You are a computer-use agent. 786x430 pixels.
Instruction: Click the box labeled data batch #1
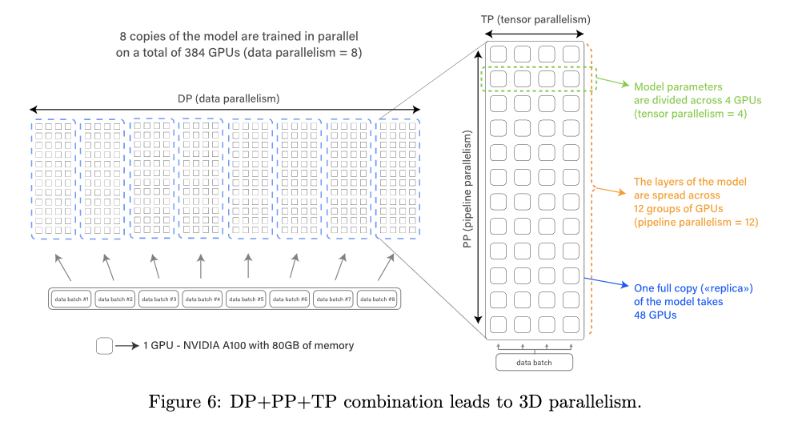click(x=71, y=299)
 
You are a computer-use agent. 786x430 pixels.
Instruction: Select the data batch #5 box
click(x=247, y=299)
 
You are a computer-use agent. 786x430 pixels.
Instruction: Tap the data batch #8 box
click(x=378, y=299)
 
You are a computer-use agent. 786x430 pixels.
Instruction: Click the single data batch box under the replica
click(x=535, y=362)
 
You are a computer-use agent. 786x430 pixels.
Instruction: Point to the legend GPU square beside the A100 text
click(x=104, y=346)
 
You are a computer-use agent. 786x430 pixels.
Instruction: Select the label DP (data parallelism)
click(x=229, y=98)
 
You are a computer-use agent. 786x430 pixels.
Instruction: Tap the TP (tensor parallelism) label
click(x=535, y=19)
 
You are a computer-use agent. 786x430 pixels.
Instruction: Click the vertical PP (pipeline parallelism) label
click(x=467, y=189)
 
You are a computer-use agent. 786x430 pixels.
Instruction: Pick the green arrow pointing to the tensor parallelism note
click(x=612, y=82)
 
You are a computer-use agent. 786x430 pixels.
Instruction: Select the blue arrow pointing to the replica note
click(x=607, y=282)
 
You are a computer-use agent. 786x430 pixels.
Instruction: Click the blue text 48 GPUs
click(x=656, y=315)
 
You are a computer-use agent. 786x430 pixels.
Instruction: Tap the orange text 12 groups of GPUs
click(x=678, y=209)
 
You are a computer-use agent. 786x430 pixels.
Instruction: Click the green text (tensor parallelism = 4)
click(x=690, y=114)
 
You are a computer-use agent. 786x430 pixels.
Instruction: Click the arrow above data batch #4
click(x=201, y=266)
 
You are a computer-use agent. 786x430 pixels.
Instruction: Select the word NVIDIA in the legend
click(x=201, y=346)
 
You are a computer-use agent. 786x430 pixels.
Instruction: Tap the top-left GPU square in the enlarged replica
click(x=499, y=54)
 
